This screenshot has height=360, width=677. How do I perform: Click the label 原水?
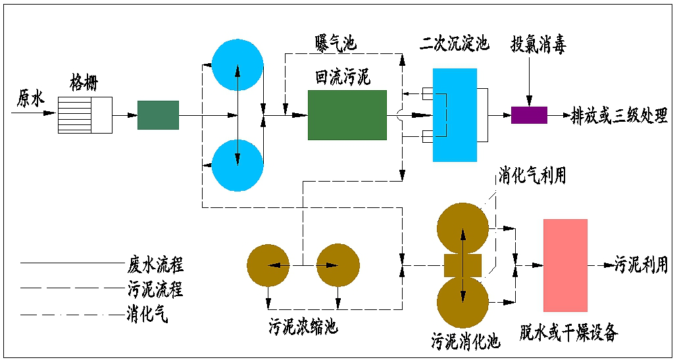pyautogui.click(x=30, y=99)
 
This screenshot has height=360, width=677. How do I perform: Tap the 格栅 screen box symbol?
pyautogui.click(x=85, y=115)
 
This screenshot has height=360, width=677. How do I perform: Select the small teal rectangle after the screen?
pyautogui.click(x=158, y=115)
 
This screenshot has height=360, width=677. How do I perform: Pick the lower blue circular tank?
pyautogui.click(x=238, y=165)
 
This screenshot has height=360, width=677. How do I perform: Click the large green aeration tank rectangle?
pyautogui.click(x=347, y=115)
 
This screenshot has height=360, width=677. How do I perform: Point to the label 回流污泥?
pyautogui.click(x=343, y=77)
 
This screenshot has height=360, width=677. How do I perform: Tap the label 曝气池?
pyautogui.click(x=334, y=43)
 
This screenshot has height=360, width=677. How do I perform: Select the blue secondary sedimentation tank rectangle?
pyautogui.click(x=455, y=115)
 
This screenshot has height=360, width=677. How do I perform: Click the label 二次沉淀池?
pyautogui.click(x=455, y=44)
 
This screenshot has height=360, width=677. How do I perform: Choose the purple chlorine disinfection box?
pyautogui.click(x=529, y=115)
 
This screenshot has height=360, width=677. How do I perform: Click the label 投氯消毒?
pyautogui.click(x=538, y=45)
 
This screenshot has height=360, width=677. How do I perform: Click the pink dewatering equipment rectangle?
pyautogui.click(x=565, y=265)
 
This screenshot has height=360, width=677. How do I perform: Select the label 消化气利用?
pyautogui.click(x=532, y=175)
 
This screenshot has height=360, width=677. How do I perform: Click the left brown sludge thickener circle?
pyautogui.click(x=268, y=266)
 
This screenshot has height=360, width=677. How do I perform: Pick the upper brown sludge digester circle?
pyautogui.click(x=463, y=227)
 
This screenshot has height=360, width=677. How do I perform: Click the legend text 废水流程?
pyautogui.click(x=155, y=265)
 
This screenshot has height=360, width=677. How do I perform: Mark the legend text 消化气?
pyautogui.click(x=146, y=314)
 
